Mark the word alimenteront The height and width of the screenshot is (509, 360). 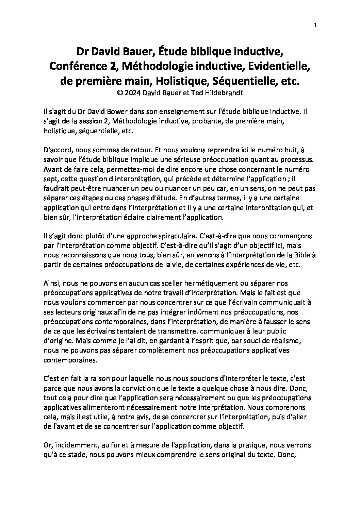click(x=95, y=407)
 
